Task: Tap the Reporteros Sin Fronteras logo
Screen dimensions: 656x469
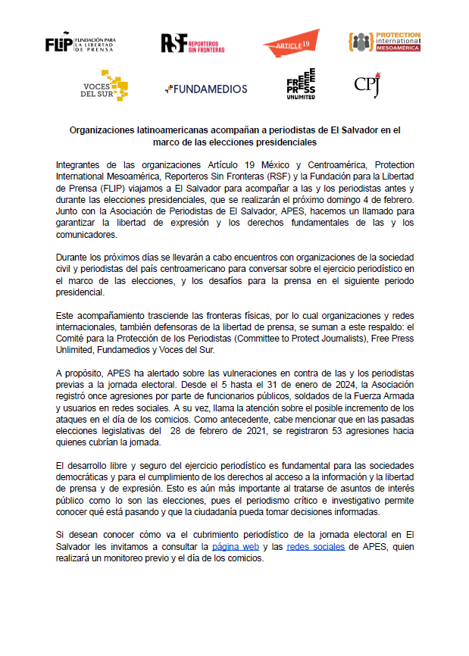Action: point(194,43)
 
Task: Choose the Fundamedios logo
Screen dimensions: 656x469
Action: point(205,89)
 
